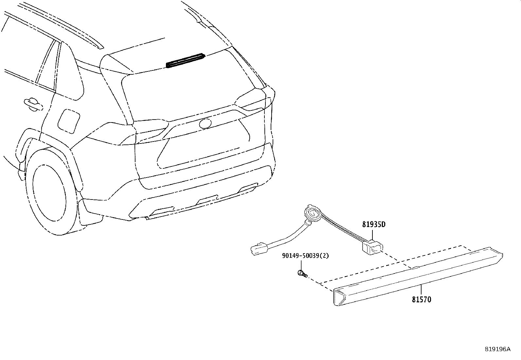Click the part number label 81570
point(422,299)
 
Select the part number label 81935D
point(374,224)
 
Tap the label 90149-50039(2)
point(305,256)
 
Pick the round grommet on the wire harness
point(313,214)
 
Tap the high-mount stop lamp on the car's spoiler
point(186,61)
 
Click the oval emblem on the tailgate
point(206,123)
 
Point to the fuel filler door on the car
point(69,121)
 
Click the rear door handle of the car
point(33,104)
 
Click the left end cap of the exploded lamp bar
point(340,297)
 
